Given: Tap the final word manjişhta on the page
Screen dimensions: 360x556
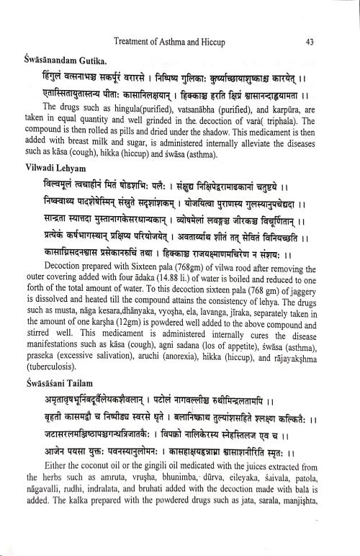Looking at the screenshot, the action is tap(315, 547).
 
